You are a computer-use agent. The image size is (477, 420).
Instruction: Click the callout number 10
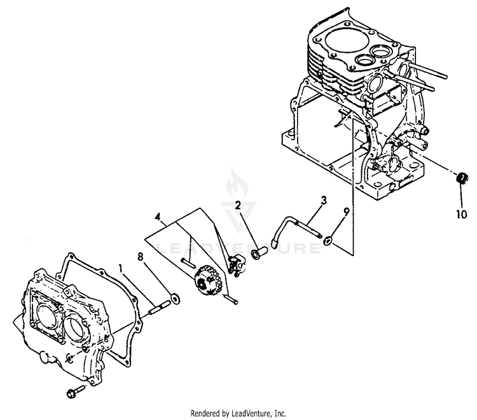coord(461,214)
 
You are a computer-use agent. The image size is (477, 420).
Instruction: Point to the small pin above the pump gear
coord(187,261)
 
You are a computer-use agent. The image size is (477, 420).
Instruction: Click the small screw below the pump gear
coord(230,299)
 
